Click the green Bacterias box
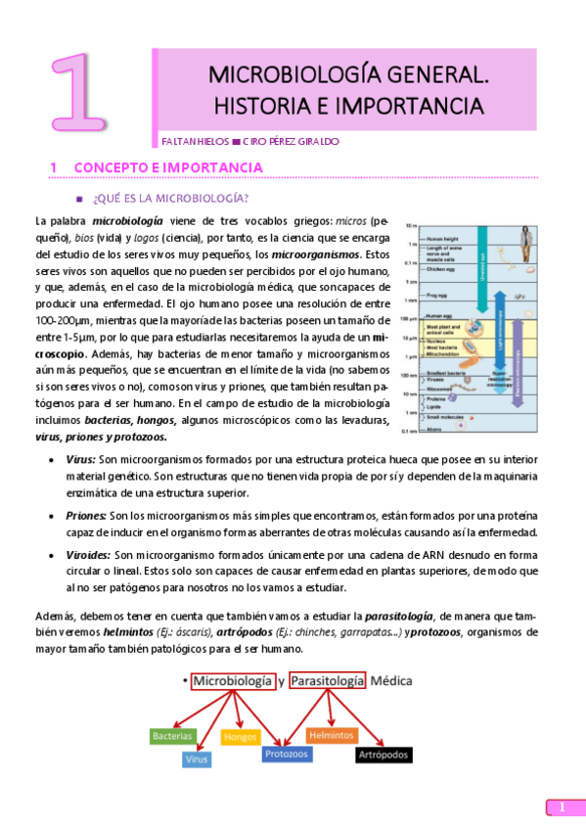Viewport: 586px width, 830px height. click(x=173, y=735)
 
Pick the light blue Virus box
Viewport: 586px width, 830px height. click(x=197, y=759)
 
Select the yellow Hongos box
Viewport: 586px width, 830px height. click(x=240, y=736)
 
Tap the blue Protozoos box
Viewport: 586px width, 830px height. click(x=286, y=754)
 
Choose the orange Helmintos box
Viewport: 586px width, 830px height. click(x=331, y=734)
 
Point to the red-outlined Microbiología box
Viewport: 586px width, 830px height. click(x=233, y=680)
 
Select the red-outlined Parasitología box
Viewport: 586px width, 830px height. click(x=327, y=680)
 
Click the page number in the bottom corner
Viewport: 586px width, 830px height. click(x=563, y=807)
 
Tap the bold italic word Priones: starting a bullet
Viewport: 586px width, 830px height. click(x=86, y=515)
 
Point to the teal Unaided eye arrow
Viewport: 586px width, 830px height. click(x=482, y=264)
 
